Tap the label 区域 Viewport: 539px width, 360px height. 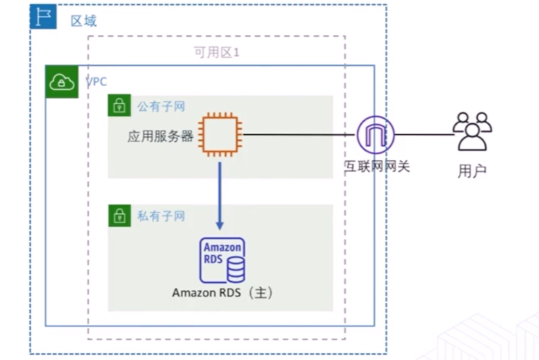[84, 21]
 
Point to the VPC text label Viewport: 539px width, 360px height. [96, 82]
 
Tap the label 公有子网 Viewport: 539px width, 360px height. [161, 106]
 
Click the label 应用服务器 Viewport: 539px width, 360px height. [160, 136]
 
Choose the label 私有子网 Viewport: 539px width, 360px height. [161, 216]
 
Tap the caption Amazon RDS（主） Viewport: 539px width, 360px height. [223, 294]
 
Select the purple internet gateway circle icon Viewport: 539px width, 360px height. [375, 135]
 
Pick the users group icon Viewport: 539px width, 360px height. [471, 131]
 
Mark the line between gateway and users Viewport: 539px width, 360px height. [423, 135]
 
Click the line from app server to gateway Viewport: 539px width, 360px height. [298, 135]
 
